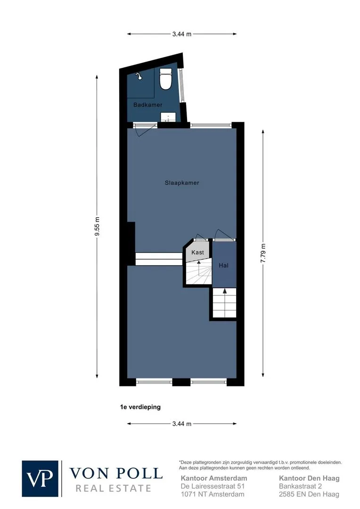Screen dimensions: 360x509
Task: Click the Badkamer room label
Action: tap(147, 105)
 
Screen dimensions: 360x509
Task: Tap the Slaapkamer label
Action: tap(182, 183)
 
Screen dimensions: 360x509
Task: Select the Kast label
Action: tap(198, 252)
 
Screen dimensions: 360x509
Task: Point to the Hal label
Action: tap(224, 265)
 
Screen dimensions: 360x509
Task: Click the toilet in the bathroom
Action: tap(165, 79)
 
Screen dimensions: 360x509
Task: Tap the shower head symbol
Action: tap(139, 75)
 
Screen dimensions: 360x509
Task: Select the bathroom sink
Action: tap(168, 117)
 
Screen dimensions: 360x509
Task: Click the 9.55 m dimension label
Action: tap(97, 226)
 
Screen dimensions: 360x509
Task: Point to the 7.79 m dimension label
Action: tap(263, 253)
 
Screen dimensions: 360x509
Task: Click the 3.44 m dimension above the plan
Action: tap(182, 34)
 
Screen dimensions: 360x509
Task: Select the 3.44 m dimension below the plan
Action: tap(182, 424)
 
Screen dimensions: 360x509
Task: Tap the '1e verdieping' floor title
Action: tap(140, 407)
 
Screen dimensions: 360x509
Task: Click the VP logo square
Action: tap(40, 478)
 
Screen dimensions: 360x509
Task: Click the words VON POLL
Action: tap(116, 474)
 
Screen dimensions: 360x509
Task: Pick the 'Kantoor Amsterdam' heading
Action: tap(214, 478)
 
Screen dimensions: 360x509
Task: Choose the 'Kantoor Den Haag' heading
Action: tap(310, 478)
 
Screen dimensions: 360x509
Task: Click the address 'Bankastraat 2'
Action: tap(300, 486)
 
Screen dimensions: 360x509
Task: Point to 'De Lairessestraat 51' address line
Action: tap(213, 486)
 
